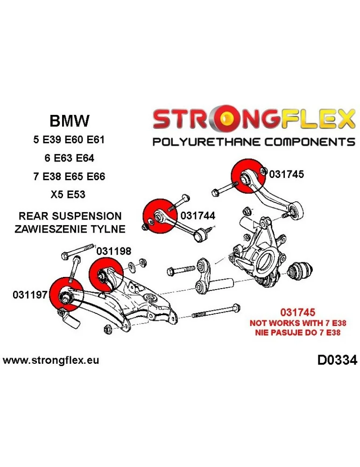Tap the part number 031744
point(198,216)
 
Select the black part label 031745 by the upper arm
point(286,174)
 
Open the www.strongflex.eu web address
point(51,361)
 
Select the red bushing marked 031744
point(160,216)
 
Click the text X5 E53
point(69,194)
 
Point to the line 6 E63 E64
point(69,158)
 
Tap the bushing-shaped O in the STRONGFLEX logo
point(228,120)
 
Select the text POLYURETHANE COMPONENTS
point(254,142)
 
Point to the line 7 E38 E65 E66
point(69,176)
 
